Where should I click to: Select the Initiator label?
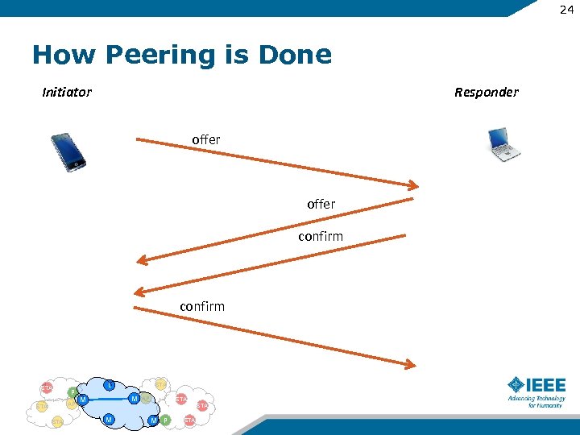point(67,92)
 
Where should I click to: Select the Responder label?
point(486,92)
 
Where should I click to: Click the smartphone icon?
point(68,151)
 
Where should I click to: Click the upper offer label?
point(205,139)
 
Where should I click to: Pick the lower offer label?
point(321,205)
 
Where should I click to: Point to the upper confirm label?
point(320,236)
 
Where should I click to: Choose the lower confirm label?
point(202,306)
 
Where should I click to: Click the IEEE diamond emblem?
point(515,384)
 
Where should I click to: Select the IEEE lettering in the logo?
point(545,384)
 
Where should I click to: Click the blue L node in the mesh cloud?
point(109,385)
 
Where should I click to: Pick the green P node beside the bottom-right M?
point(165,420)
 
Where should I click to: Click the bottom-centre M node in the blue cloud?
point(109,419)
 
